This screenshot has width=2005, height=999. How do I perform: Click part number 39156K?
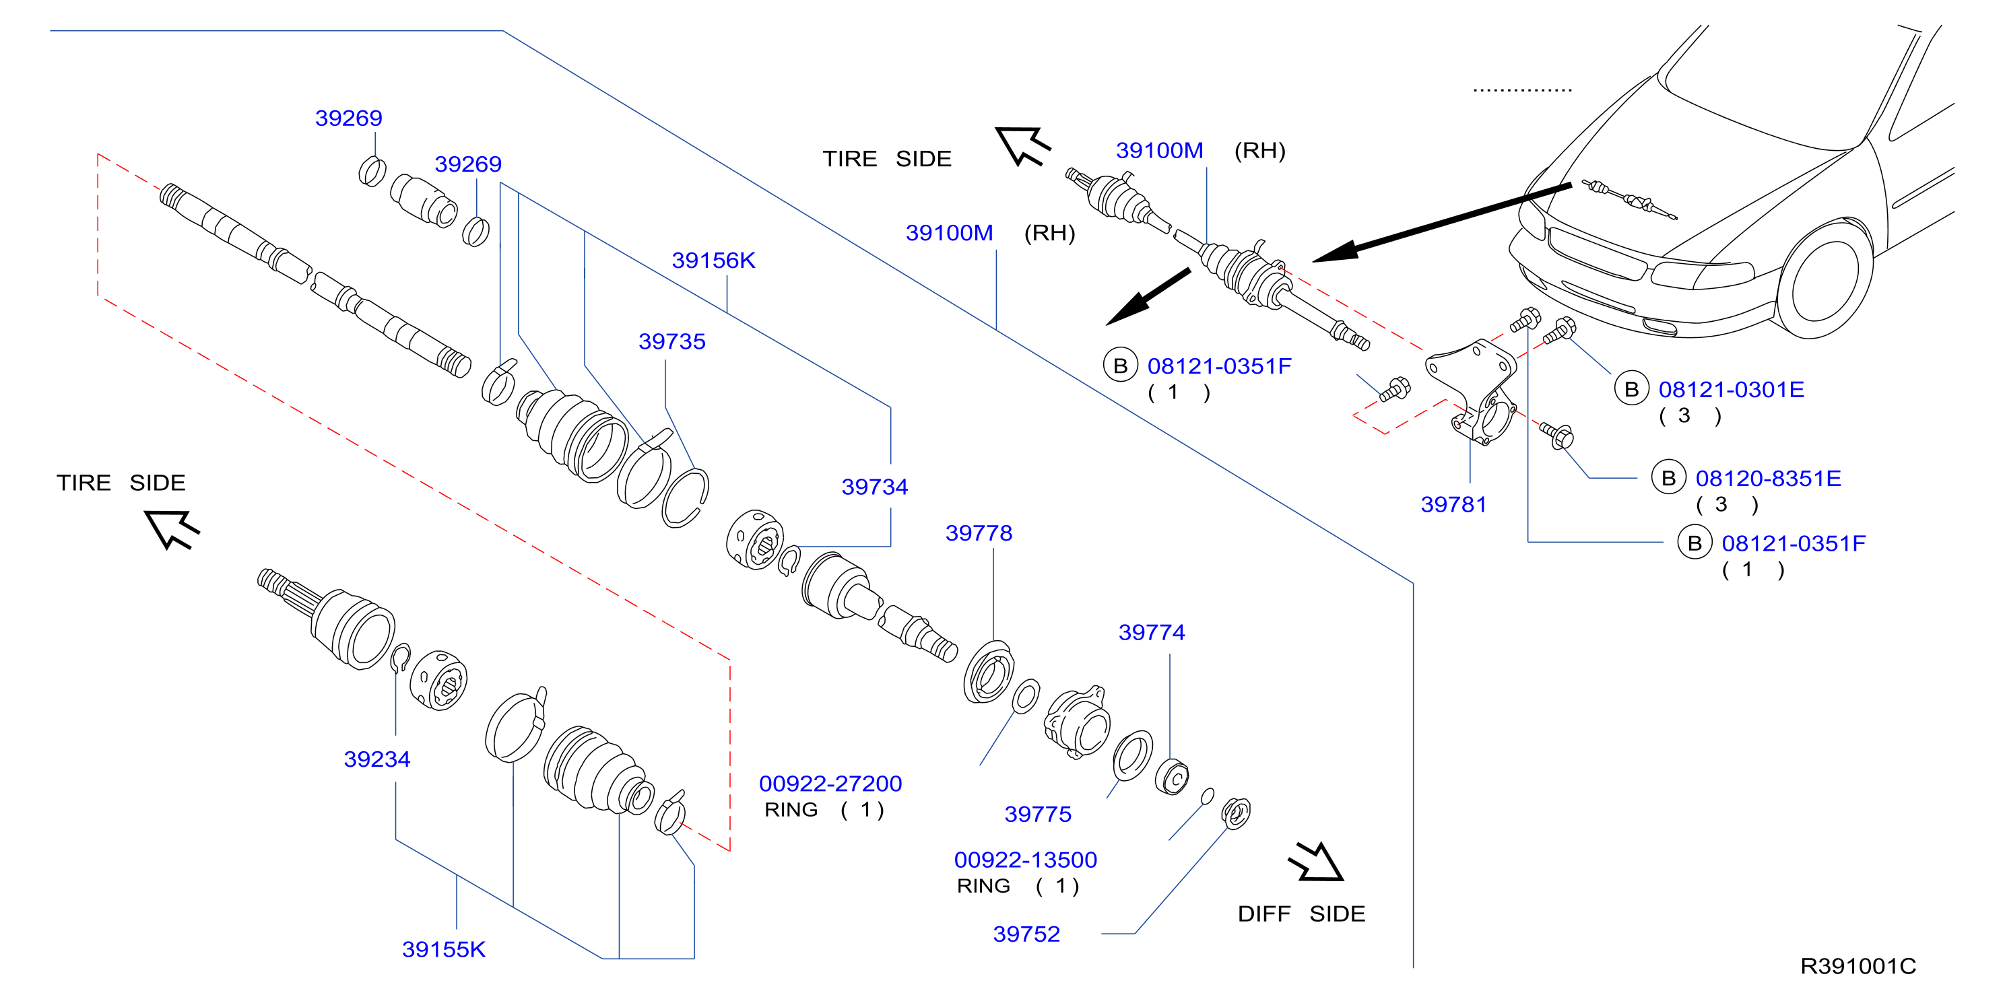(713, 260)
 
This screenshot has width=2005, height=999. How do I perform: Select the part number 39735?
(671, 341)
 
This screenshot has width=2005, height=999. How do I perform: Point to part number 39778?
(979, 533)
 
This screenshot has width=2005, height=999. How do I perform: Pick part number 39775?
(1038, 814)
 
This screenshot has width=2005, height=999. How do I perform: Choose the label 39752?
(1026, 934)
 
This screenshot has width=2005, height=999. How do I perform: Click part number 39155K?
(444, 949)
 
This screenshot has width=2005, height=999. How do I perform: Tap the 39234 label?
(376, 759)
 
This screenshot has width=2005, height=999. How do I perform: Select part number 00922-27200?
(830, 784)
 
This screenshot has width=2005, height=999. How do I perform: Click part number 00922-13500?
(1025, 860)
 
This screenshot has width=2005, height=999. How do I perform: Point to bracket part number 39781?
(1453, 504)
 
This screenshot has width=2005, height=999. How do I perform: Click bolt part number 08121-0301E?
(1731, 389)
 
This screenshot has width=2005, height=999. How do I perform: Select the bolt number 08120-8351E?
(1769, 478)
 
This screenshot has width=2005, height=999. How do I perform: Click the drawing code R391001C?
(1858, 965)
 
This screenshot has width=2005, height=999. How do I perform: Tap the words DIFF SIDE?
(1301, 914)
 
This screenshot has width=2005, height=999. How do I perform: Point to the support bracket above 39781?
(1472, 393)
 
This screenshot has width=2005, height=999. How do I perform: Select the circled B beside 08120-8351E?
(1668, 478)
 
